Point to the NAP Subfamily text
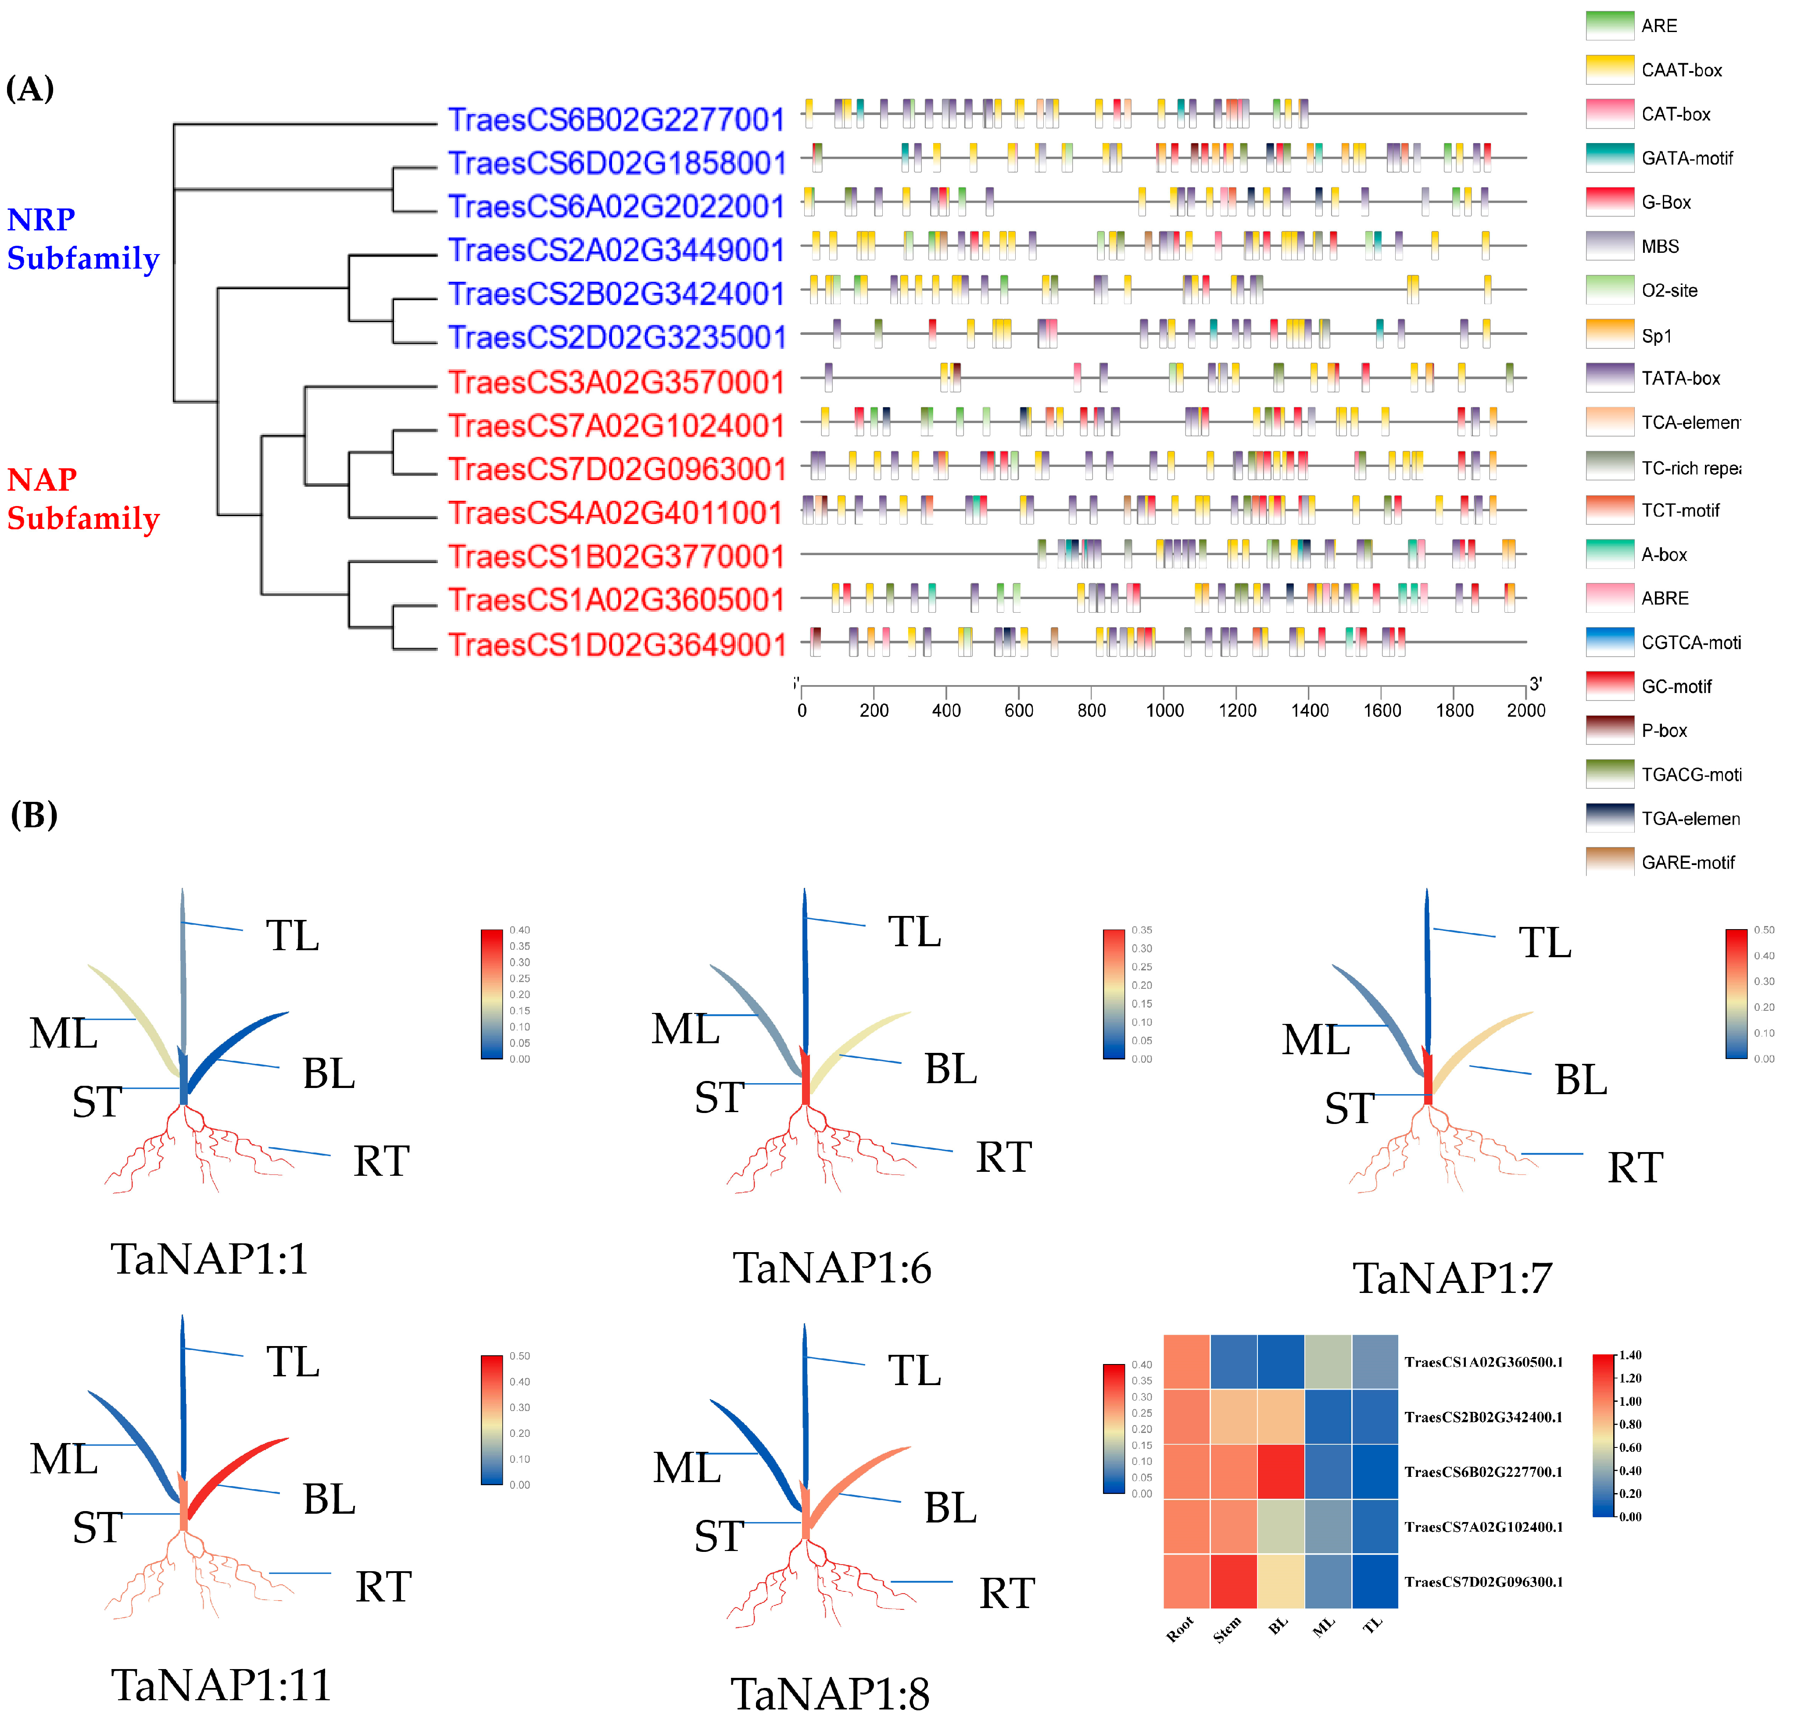coord(82,499)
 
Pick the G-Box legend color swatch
coord(1609,201)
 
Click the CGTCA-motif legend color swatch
coord(1609,642)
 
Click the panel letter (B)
coord(34,814)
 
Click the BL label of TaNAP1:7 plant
coord(1581,1080)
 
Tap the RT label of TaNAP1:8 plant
coord(1007,1593)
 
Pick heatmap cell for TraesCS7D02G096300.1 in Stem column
coord(1233,1581)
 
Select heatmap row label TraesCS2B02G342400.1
coord(1483,1417)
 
